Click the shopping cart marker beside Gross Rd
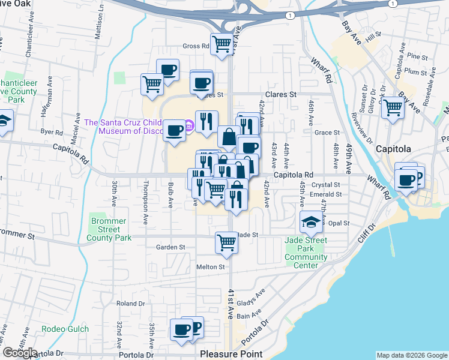[x=222, y=44]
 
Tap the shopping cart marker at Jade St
[x=226, y=242]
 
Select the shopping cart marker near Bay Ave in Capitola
[x=393, y=109]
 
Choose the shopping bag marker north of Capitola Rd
[x=229, y=137]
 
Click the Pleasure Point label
[x=231, y=354]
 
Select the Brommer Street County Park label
[x=109, y=229]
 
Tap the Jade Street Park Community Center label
[x=306, y=248]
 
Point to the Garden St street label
[x=170, y=247]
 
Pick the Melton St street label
[x=210, y=267]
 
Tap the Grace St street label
[x=327, y=133]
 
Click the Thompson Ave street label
[x=145, y=202]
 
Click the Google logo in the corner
[x=20, y=353]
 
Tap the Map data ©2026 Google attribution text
[x=412, y=355]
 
